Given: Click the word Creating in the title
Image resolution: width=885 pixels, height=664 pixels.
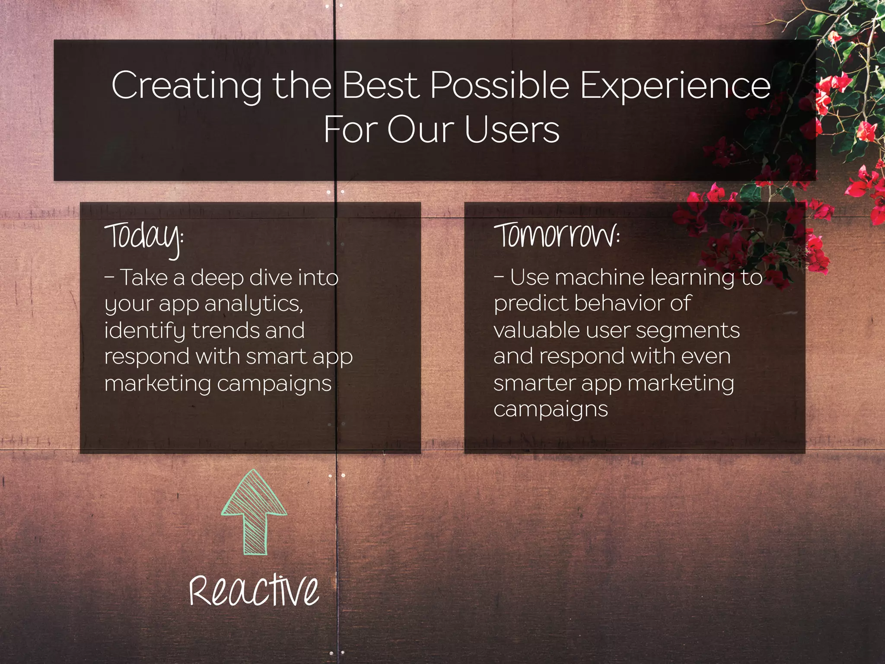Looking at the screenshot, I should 186,86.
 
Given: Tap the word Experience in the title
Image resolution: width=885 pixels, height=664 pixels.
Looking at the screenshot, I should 675,86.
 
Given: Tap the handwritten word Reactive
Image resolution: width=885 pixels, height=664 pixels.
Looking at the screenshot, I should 254,591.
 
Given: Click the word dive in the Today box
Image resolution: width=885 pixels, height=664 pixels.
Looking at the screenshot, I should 268,278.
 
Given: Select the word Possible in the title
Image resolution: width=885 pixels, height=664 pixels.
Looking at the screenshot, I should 500,86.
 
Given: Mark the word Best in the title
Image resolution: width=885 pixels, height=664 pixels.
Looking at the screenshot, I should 381,86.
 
